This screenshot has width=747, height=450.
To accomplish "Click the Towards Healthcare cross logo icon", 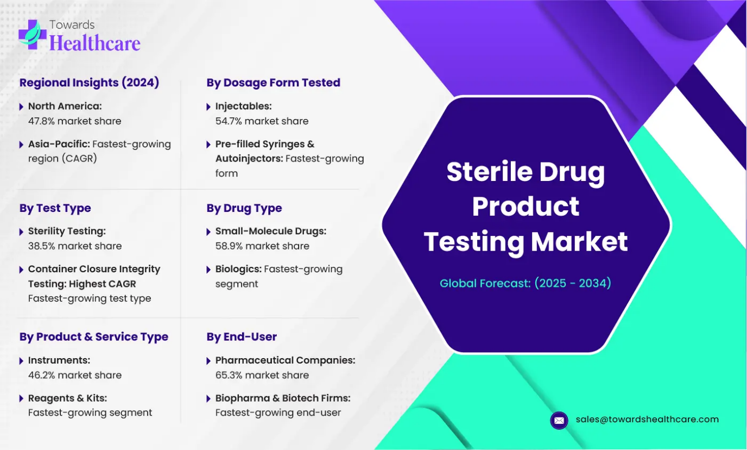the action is (33, 34).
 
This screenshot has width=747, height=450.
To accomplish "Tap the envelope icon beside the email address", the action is (559, 420).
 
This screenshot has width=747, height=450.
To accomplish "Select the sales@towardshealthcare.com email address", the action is (647, 419).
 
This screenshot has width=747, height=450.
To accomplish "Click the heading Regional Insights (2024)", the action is (89, 83).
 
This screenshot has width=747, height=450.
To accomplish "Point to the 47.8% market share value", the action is (41, 121).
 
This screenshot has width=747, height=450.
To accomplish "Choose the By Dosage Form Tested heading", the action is (273, 83).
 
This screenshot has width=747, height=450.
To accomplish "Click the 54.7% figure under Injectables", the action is (229, 121).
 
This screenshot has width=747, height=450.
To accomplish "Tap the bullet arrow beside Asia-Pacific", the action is (21, 145).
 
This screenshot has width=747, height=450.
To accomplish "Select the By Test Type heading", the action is (55, 208).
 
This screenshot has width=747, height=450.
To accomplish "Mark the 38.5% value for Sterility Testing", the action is (41, 246).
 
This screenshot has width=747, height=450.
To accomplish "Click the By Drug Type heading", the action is (244, 208).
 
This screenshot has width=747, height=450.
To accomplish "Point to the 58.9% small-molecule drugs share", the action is (229, 246).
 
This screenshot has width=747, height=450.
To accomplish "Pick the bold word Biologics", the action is (238, 269).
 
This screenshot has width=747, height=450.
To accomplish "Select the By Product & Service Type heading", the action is (94, 336).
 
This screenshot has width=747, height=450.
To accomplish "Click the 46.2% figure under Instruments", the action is (41, 375).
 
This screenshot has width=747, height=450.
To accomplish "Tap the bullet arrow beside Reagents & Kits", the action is (21, 398).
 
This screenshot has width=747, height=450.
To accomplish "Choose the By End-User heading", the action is (242, 336).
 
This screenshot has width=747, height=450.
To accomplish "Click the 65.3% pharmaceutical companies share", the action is (229, 375).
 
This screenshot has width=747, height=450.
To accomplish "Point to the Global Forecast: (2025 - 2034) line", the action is (526, 283).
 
